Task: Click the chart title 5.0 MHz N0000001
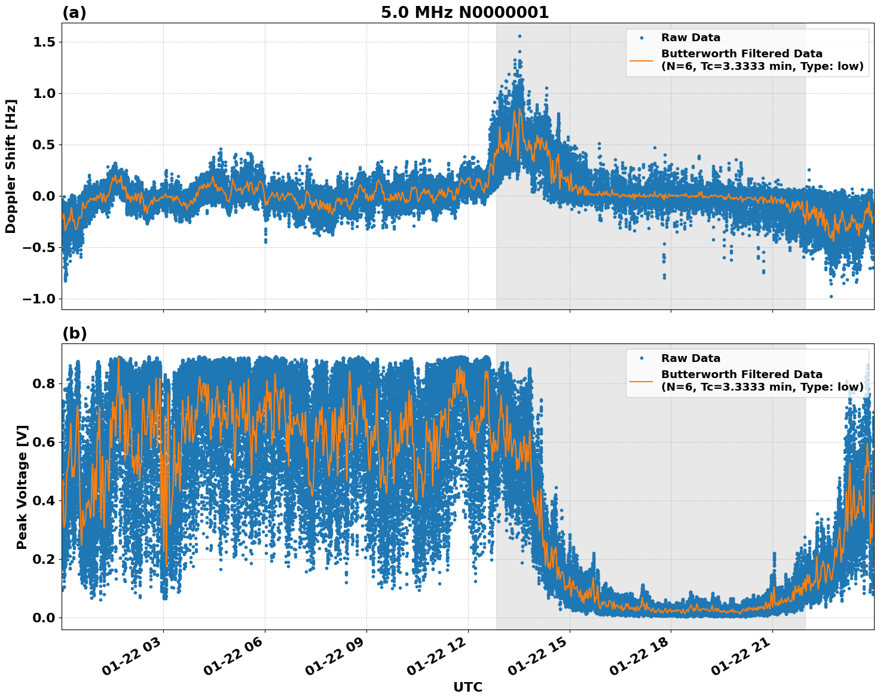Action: point(465,13)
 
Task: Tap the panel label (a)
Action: point(74,13)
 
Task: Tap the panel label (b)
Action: point(74,333)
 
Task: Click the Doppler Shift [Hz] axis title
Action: point(11,166)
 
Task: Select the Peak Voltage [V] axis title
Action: point(22,487)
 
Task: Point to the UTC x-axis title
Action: point(467,687)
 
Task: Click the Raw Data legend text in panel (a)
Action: point(690,38)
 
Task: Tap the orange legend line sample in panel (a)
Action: point(641,60)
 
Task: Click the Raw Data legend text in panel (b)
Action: point(690,358)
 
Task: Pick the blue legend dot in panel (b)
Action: point(641,358)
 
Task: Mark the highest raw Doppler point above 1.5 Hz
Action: point(520,36)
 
